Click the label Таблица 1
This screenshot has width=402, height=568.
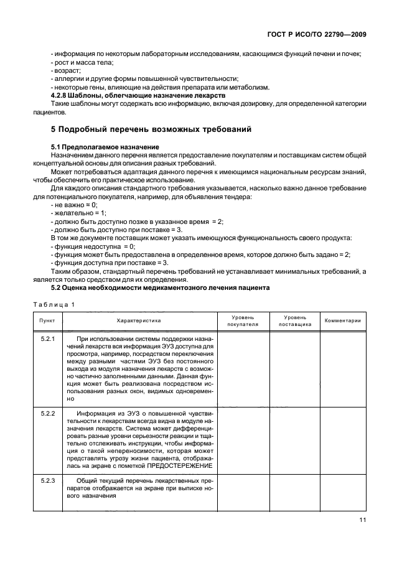pyautogui.click(x=54, y=304)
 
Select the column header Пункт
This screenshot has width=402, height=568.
pyautogui.click(x=47, y=320)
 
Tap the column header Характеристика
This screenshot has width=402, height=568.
pyautogui.click(x=139, y=320)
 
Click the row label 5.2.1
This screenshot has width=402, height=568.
pyautogui.click(x=47, y=338)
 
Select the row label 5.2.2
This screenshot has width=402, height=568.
pyautogui.click(x=47, y=413)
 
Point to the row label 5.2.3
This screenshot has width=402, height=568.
pyautogui.click(x=47, y=481)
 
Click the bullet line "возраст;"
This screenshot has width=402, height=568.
pyautogui.click(x=63, y=71)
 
